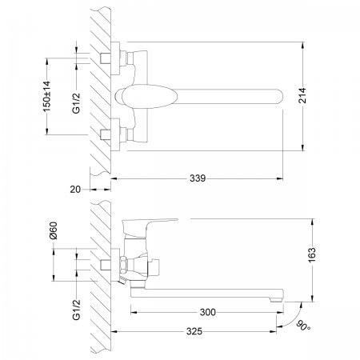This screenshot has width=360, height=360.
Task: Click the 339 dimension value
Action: [198, 178]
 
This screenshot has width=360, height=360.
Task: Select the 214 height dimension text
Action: [302, 95]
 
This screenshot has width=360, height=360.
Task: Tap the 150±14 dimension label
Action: [46, 96]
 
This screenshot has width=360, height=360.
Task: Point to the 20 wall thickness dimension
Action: [75, 190]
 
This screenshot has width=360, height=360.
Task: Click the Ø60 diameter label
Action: [54, 230]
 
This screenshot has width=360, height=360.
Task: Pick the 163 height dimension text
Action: [311, 255]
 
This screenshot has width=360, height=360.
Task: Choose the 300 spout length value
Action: [208, 312]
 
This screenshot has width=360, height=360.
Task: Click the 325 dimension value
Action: [194, 331]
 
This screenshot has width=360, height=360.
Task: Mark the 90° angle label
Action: [303, 326]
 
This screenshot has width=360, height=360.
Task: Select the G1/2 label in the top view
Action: [76, 103]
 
